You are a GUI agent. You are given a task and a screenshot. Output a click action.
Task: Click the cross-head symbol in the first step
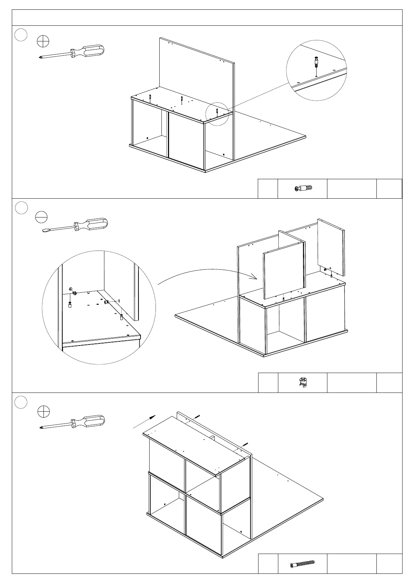pos(43,41)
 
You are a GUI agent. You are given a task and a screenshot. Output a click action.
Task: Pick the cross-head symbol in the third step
pos(43,412)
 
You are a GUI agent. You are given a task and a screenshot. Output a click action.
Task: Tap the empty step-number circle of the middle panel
pos(21,208)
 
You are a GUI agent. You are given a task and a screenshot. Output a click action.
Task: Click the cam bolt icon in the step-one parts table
pos(303,189)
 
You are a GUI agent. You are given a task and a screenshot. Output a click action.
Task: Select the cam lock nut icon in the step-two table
pos(302,382)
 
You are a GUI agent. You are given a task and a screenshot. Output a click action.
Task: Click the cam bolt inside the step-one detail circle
pos(316,64)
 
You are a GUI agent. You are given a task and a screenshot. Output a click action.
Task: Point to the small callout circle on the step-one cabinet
pos(217,114)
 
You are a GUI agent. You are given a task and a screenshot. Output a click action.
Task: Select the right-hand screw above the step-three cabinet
pos(245,444)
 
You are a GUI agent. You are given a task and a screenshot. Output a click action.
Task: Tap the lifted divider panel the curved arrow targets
pos(284,271)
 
